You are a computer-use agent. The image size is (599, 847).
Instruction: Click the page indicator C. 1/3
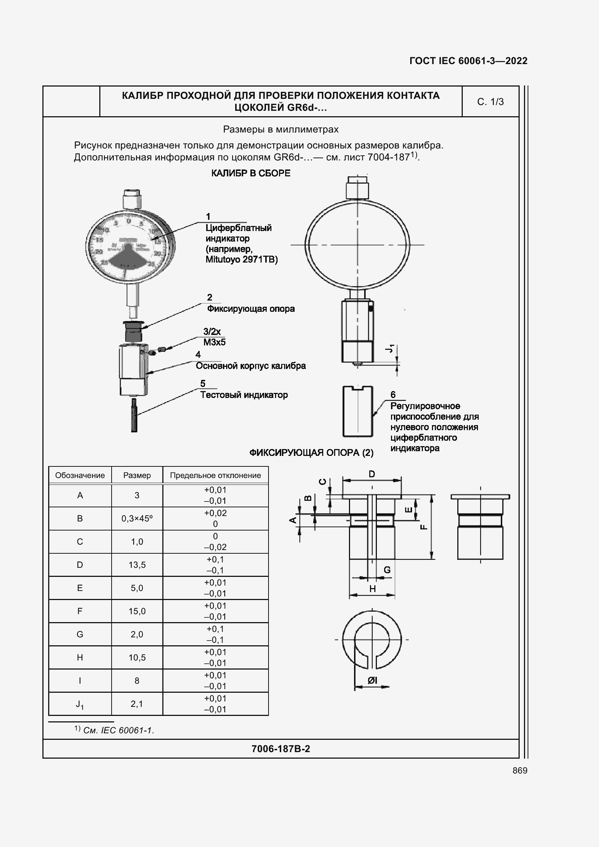coord(490,102)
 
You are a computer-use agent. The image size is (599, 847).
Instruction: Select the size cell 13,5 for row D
coord(137,565)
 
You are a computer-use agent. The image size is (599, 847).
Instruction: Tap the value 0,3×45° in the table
coord(137,518)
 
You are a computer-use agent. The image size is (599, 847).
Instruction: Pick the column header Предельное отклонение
coord(215,475)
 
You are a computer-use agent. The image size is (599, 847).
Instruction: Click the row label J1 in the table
coord(80,704)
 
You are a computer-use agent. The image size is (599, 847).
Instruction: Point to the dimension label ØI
coord(373,680)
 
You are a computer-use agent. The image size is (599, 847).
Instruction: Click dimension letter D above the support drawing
coord(372,474)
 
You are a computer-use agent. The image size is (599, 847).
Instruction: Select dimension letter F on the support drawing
coord(424,527)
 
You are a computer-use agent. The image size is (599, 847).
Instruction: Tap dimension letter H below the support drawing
coord(373,589)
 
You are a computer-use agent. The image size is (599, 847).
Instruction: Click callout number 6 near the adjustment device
coord(393,394)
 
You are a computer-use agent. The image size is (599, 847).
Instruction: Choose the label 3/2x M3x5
coord(214,337)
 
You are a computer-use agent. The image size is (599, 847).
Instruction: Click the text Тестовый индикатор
coord(244,395)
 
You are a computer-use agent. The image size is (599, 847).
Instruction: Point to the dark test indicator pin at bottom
coord(134,415)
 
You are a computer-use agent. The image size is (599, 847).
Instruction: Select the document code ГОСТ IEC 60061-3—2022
coord(468,61)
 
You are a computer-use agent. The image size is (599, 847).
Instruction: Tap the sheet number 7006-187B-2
coord(280,749)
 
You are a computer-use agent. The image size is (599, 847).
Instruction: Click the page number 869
coord(520,770)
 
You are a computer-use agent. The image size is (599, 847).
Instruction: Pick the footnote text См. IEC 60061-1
coord(118,730)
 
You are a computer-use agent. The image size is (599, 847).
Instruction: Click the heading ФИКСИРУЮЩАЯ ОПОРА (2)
coord(311,453)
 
